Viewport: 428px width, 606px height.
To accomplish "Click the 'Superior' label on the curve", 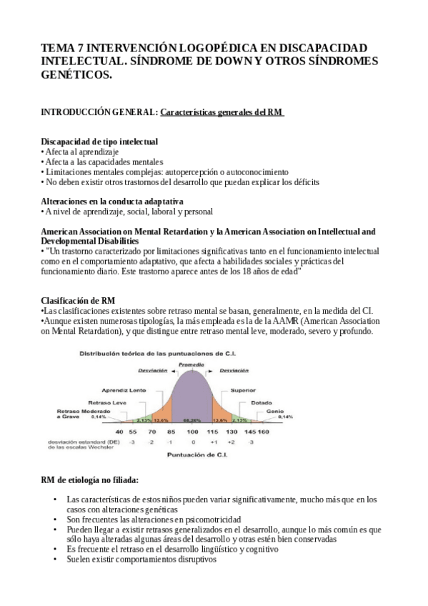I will click(243, 390).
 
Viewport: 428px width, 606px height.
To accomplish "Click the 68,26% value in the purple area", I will click(190, 421).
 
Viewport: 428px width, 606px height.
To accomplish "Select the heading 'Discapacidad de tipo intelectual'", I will click(99, 141).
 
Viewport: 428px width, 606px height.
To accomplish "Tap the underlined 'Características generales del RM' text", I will click(222, 112).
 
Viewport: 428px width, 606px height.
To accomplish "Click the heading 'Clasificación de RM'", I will click(78, 299).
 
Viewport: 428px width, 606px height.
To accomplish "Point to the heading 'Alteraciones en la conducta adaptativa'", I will click(112, 201).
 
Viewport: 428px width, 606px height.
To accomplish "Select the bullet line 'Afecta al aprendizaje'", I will click(81, 151).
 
